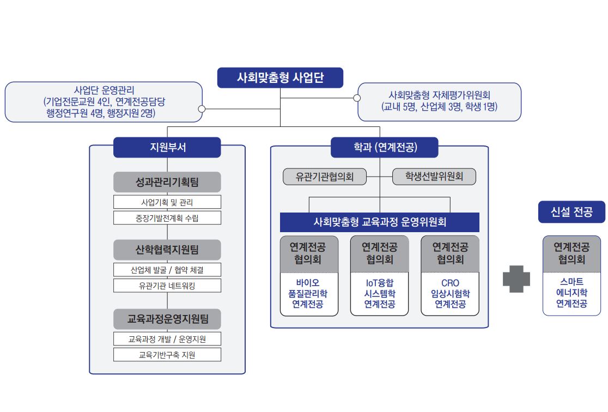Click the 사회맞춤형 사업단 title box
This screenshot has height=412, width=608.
[x=280, y=77]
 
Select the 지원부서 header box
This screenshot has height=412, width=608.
[x=167, y=147]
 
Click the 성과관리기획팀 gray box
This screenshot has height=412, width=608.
[x=167, y=182]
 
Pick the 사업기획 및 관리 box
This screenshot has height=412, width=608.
[x=167, y=202]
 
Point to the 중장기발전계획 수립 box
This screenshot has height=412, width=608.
[x=167, y=218]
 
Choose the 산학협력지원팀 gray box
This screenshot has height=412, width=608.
[x=167, y=250]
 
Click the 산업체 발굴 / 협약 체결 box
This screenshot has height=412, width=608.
[x=167, y=270]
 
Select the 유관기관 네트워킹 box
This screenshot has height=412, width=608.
[x=167, y=286]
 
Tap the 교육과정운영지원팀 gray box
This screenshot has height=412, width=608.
[x=167, y=319]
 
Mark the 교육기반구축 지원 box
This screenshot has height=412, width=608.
[x=167, y=355]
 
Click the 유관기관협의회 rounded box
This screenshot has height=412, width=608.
[x=325, y=177]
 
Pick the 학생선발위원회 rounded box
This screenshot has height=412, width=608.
[x=434, y=177]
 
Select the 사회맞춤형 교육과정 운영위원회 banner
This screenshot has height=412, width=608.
[x=380, y=222]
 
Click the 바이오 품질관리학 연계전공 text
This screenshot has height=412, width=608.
[x=309, y=294]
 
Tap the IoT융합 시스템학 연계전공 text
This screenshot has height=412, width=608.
[x=380, y=294]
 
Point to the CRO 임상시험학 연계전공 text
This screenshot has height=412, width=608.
[x=450, y=294]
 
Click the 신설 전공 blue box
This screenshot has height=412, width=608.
[x=571, y=211]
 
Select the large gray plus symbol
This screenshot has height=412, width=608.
[x=516, y=279]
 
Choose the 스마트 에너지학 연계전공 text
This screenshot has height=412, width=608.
[x=571, y=293]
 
